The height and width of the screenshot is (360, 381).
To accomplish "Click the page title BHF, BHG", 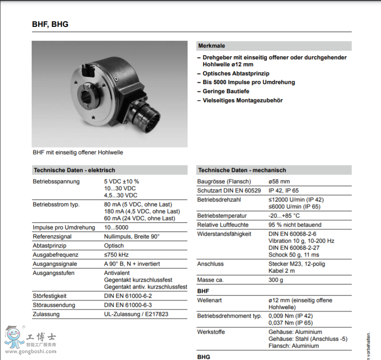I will [50, 24].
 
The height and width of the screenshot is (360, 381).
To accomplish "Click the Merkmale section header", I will [212, 45].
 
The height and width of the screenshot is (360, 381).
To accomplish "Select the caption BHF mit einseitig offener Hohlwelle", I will [78, 152].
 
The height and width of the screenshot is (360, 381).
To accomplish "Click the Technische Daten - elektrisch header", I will [74, 170].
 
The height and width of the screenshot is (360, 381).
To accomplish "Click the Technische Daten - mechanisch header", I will [242, 170].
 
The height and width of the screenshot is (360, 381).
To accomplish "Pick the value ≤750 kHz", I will [116, 255].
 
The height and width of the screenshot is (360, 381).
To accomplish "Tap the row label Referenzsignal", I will [52, 237].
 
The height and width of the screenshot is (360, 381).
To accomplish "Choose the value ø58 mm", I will [279, 182].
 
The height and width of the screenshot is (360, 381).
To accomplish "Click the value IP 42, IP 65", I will [284, 191].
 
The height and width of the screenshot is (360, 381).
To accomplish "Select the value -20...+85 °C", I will [284, 216].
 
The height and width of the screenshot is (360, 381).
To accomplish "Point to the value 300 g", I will [276, 280].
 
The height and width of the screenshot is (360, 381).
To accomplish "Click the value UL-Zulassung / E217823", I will [136, 314].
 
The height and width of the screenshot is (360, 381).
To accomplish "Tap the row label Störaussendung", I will [54, 305].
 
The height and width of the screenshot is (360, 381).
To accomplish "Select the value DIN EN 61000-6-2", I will [128, 296].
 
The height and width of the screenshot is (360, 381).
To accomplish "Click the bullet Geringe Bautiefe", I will [226, 91].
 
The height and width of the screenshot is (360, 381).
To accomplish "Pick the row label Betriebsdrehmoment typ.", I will [229, 316].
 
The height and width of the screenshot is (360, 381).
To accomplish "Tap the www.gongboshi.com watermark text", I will [30, 351].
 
